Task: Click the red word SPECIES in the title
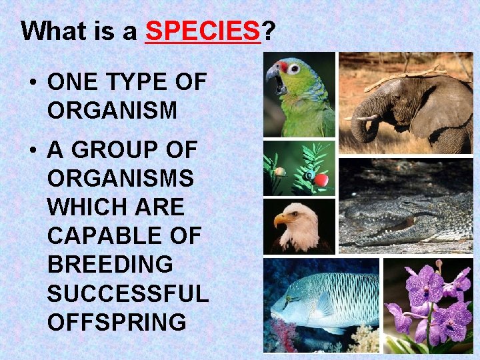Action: [x=202, y=31]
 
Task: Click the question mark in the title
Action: [x=267, y=31]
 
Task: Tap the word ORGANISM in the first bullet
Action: [x=112, y=111]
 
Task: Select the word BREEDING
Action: [x=110, y=265]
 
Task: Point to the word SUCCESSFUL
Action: [x=128, y=293]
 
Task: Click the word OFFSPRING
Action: [x=117, y=322]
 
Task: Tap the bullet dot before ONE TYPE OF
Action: [x=32, y=83]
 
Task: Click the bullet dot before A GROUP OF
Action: [x=32, y=151]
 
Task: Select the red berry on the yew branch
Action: [x=321, y=180]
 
